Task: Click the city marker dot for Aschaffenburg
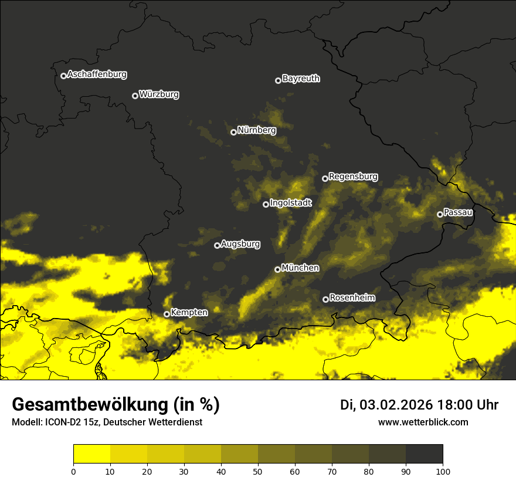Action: tap(63, 76)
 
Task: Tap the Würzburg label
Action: tap(159, 94)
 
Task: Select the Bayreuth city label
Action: tap(301, 79)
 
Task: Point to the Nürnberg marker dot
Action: tap(233, 132)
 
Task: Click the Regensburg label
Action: tap(353, 177)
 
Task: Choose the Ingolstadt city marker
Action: tap(266, 204)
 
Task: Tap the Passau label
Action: tap(458, 212)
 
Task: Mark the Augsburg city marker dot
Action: tap(217, 245)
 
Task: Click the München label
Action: tap(300, 268)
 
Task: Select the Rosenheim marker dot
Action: tap(325, 299)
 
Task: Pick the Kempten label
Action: tap(189, 313)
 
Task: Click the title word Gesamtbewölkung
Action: tap(90, 405)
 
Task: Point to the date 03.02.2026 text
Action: tap(396, 405)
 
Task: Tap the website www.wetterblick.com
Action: tap(423, 422)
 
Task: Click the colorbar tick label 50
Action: tap(258, 471)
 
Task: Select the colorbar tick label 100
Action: tap(442, 471)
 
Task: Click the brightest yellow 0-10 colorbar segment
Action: tap(91, 454)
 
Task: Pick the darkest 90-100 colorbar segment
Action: tap(424, 454)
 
